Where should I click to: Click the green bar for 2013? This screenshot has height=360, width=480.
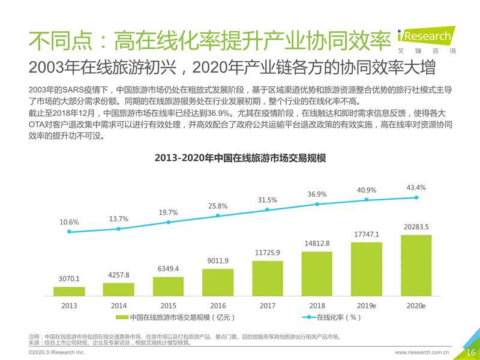[69, 292]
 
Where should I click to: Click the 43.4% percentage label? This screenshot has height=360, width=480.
[416, 187]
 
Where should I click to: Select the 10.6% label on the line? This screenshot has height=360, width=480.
[69, 222]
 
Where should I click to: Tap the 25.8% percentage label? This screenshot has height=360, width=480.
[218, 206]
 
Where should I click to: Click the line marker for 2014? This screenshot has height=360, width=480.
[119, 229]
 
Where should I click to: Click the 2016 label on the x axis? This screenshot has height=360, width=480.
[218, 305]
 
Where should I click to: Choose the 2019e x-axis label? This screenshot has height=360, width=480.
[367, 305]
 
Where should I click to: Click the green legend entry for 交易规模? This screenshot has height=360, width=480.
[174, 317]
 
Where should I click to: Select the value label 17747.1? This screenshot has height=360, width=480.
[367, 234]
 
